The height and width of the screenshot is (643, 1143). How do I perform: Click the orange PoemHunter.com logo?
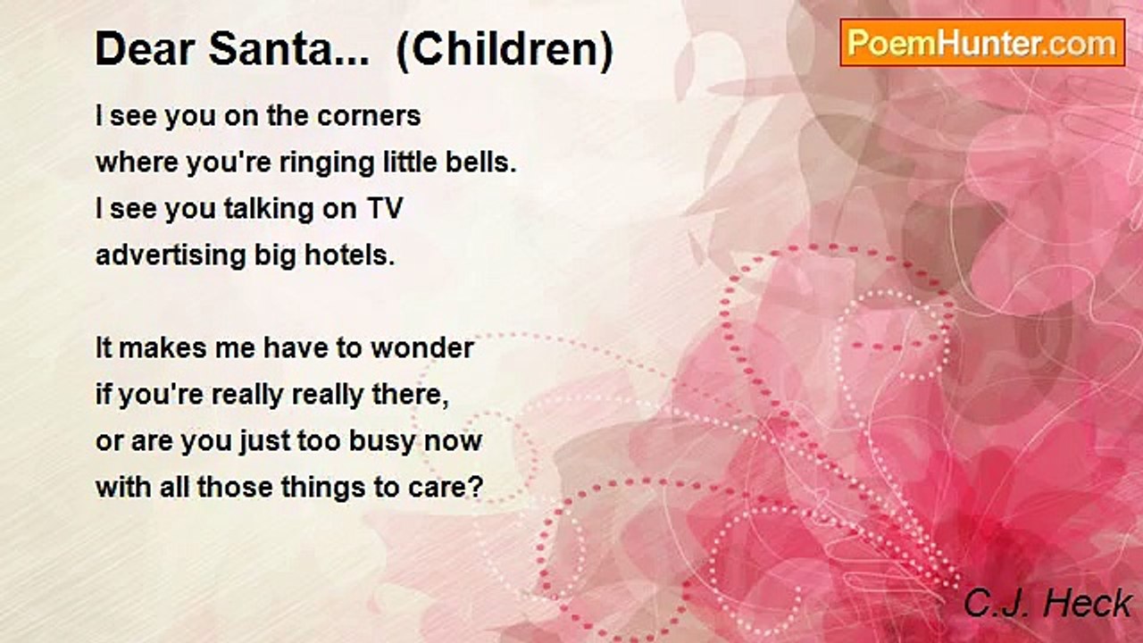[x=982, y=43]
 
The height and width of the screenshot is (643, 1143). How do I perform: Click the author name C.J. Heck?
[x=1047, y=603]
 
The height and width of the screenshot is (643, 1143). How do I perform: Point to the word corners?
[x=369, y=116]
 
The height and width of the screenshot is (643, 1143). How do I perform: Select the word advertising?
[x=171, y=255]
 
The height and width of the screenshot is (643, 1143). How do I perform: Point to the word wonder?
[x=422, y=348]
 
